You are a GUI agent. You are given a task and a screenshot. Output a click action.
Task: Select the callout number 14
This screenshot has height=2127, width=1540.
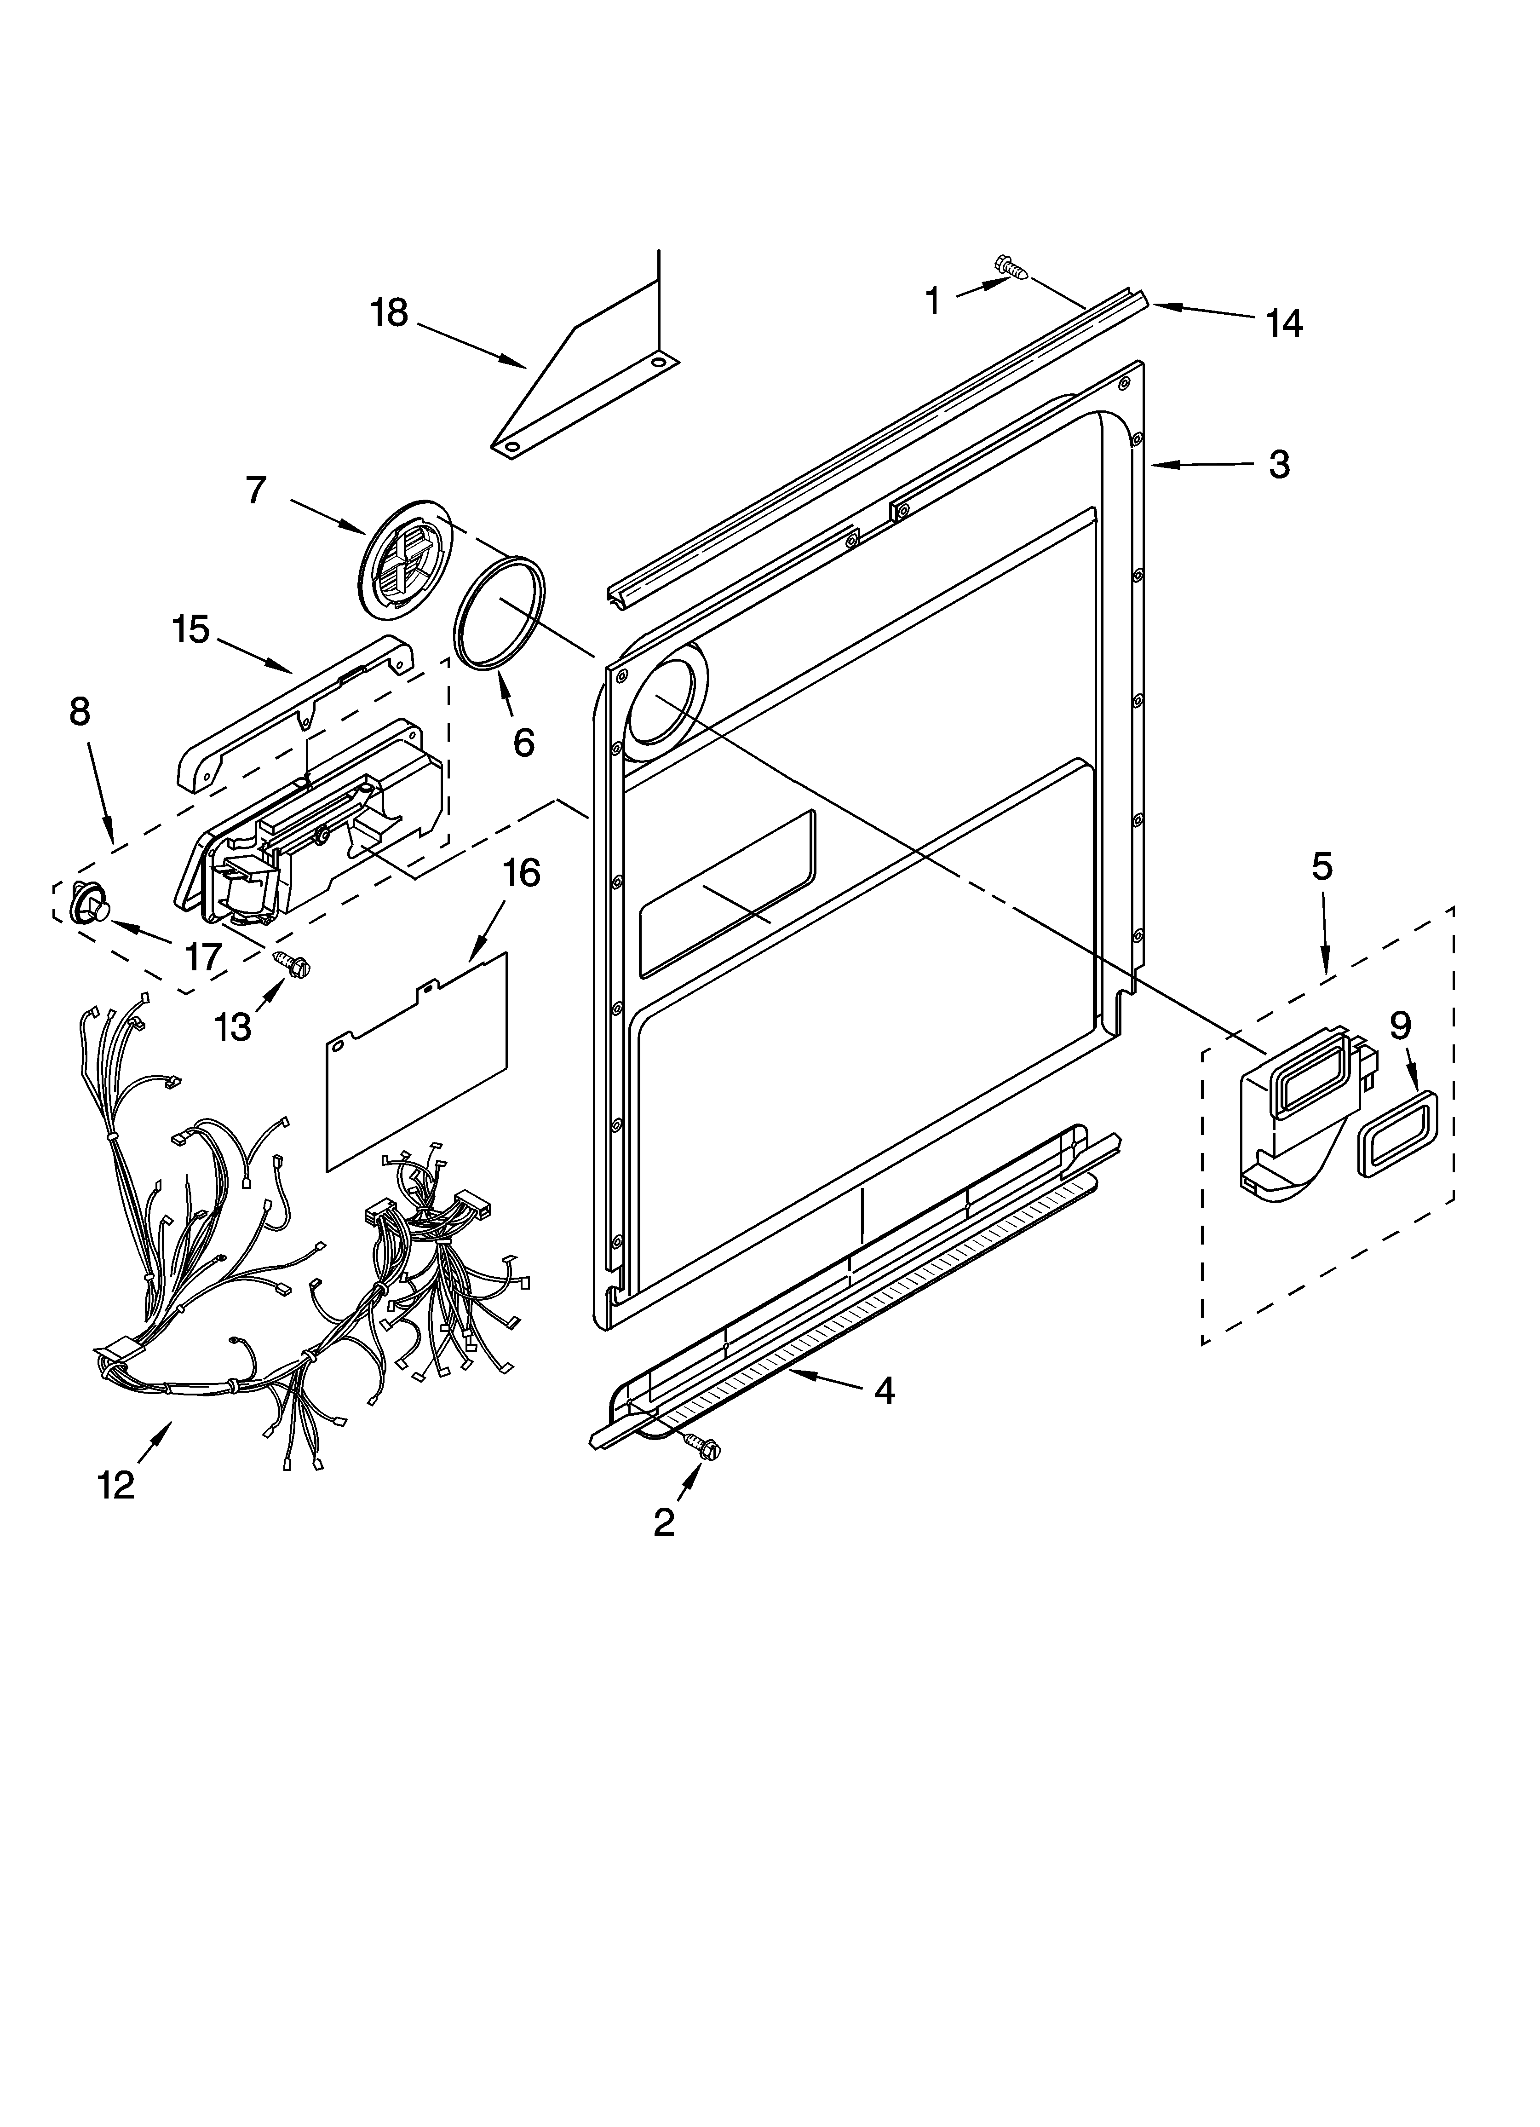1283,323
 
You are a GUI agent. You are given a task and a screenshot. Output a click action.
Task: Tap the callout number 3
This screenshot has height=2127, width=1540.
1279,464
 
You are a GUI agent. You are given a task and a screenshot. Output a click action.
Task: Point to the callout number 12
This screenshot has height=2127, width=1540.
116,1485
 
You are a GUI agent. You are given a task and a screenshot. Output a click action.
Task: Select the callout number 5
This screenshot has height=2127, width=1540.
1321,867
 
